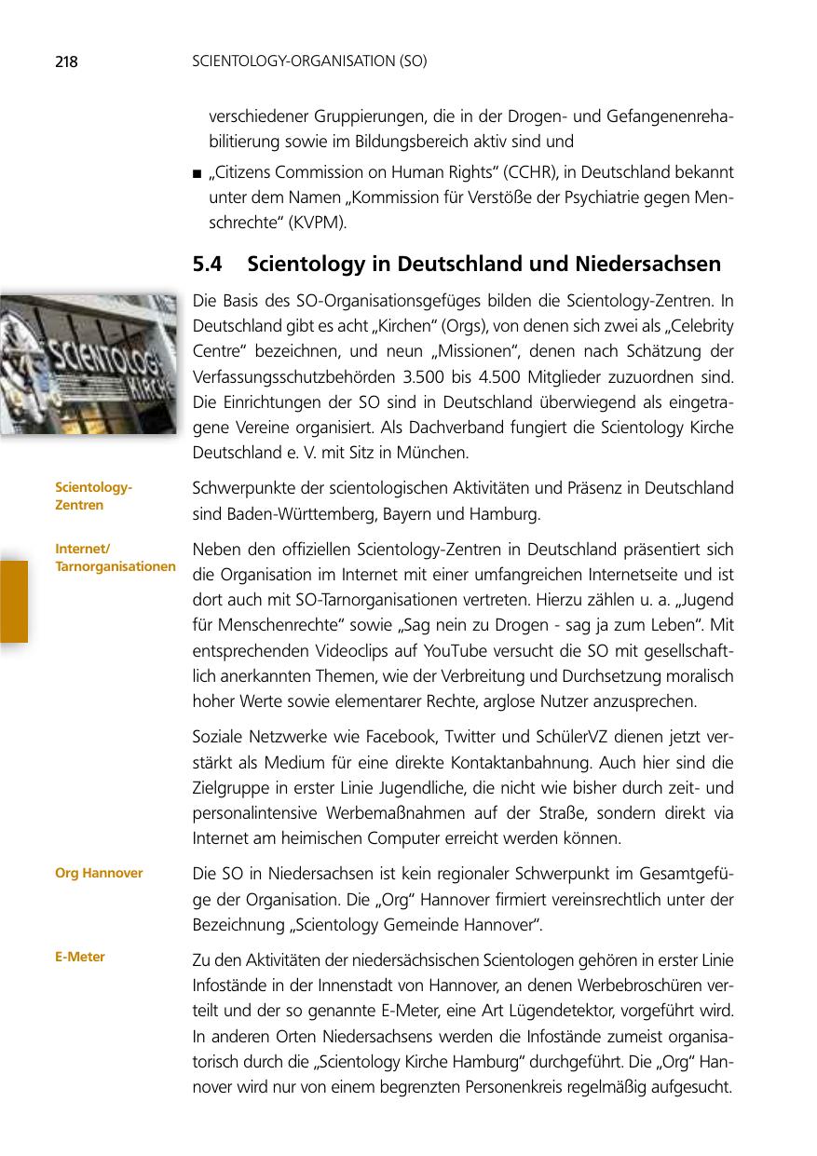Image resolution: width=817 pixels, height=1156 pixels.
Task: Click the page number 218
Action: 65,62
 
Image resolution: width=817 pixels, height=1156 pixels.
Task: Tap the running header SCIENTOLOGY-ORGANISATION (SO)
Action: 308,62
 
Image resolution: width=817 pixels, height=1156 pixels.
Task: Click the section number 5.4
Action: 207,265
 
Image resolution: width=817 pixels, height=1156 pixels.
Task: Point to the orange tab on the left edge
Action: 13,601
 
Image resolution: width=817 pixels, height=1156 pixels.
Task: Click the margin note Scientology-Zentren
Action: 93,496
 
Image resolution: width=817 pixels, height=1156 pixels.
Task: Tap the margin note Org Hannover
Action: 99,873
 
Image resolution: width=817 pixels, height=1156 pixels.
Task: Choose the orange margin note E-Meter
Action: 80,957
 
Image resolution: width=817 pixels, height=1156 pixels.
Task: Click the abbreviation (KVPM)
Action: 319,222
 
